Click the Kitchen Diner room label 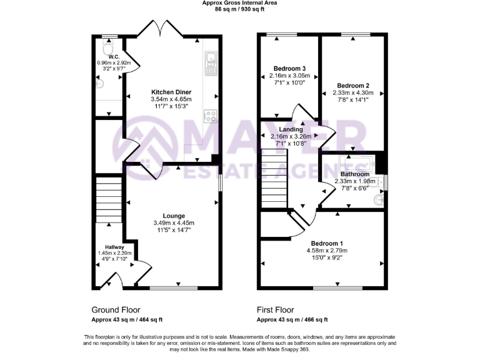pos(171,92)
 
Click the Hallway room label pos(114,247)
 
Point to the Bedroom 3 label pos(289,68)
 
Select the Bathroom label pos(355,174)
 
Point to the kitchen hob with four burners pos(211,116)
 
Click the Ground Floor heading pos(116,310)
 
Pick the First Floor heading pos(275,310)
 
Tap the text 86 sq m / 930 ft pos(239,9)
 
